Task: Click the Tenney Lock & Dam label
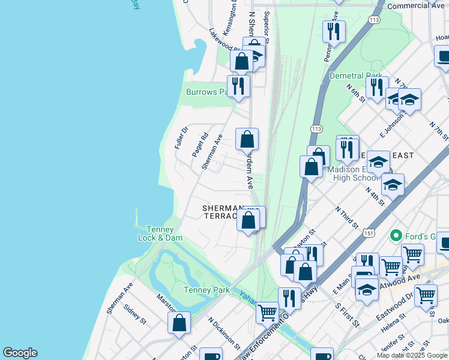(x=155, y=233)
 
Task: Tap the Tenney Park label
(x=203, y=290)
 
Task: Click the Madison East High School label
(x=354, y=173)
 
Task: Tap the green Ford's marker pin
(x=396, y=235)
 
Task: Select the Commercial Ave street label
(x=416, y=5)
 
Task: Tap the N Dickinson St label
(x=223, y=333)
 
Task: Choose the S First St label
(x=346, y=314)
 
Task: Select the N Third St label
(x=347, y=217)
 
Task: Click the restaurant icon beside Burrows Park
(x=238, y=86)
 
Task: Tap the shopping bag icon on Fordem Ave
(x=247, y=139)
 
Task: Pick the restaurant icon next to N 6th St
(x=376, y=87)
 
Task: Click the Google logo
(x=20, y=353)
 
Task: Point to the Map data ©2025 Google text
(x=412, y=355)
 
